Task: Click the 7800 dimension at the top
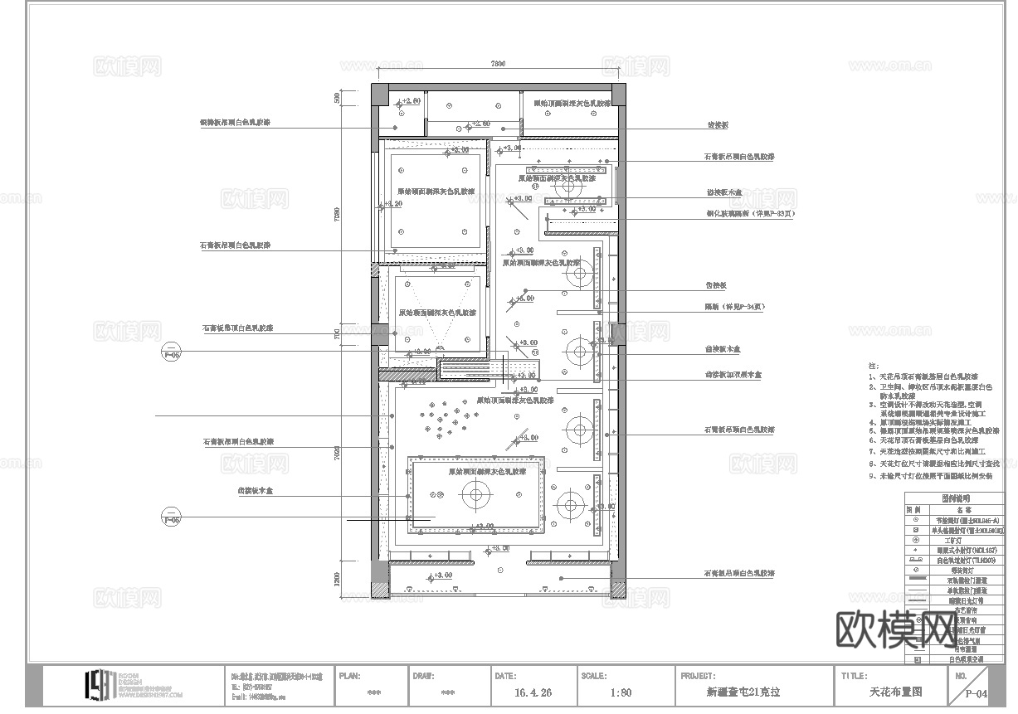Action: pyautogui.click(x=498, y=63)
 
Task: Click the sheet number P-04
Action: pyautogui.click(x=976, y=695)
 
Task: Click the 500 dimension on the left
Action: pyautogui.click(x=338, y=98)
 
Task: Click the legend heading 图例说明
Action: pyautogui.click(x=956, y=499)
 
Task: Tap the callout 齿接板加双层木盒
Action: pyautogui.click(x=733, y=375)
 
